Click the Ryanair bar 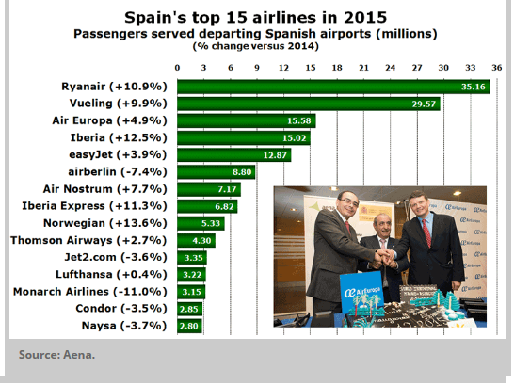[333, 87]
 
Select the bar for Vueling [309, 104]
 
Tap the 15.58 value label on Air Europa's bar [299, 120]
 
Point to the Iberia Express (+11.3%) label [94, 206]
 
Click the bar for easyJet [234, 155]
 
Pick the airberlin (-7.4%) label [118, 172]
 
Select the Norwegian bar [201, 223]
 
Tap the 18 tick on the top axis [337, 68]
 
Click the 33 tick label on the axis [470, 68]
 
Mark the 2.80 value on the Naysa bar [189, 326]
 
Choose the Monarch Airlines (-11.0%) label [89, 292]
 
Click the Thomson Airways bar [197, 240]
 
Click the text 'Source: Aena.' [56, 355]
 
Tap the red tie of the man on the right [426, 233]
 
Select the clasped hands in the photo [385, 257]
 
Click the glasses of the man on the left [349, 201]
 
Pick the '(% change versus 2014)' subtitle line [256, 46]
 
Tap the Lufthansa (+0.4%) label [111, 275]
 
